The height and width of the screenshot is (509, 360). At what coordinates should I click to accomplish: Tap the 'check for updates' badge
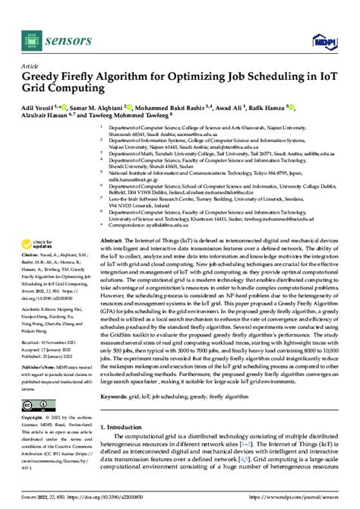tap(38, 221)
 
